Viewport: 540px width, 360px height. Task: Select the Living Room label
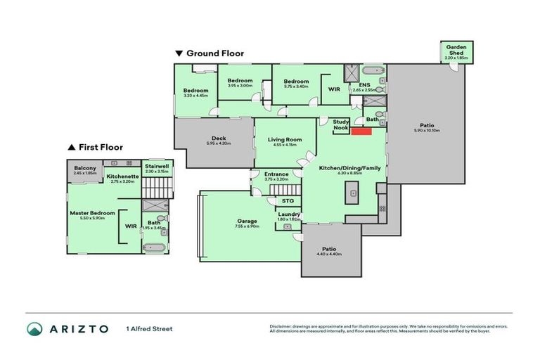[x=285, y=140]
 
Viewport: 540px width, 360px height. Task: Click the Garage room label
[x=247, y=221]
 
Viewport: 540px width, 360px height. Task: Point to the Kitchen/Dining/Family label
[x=345, y=168]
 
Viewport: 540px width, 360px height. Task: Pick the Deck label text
[x=219, y=139]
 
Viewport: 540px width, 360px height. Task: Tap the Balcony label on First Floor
[x=84, y=168]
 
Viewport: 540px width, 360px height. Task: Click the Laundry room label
[x=290, y=214]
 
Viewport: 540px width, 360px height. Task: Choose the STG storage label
[x=288, y=200]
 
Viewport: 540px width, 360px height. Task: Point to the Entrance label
[x=276, y=174]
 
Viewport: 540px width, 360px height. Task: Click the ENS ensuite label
[x=364, y=85]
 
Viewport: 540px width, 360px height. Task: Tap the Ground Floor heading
[x=214, y=53]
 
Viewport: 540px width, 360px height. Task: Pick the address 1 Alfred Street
[x=149, y=328]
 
